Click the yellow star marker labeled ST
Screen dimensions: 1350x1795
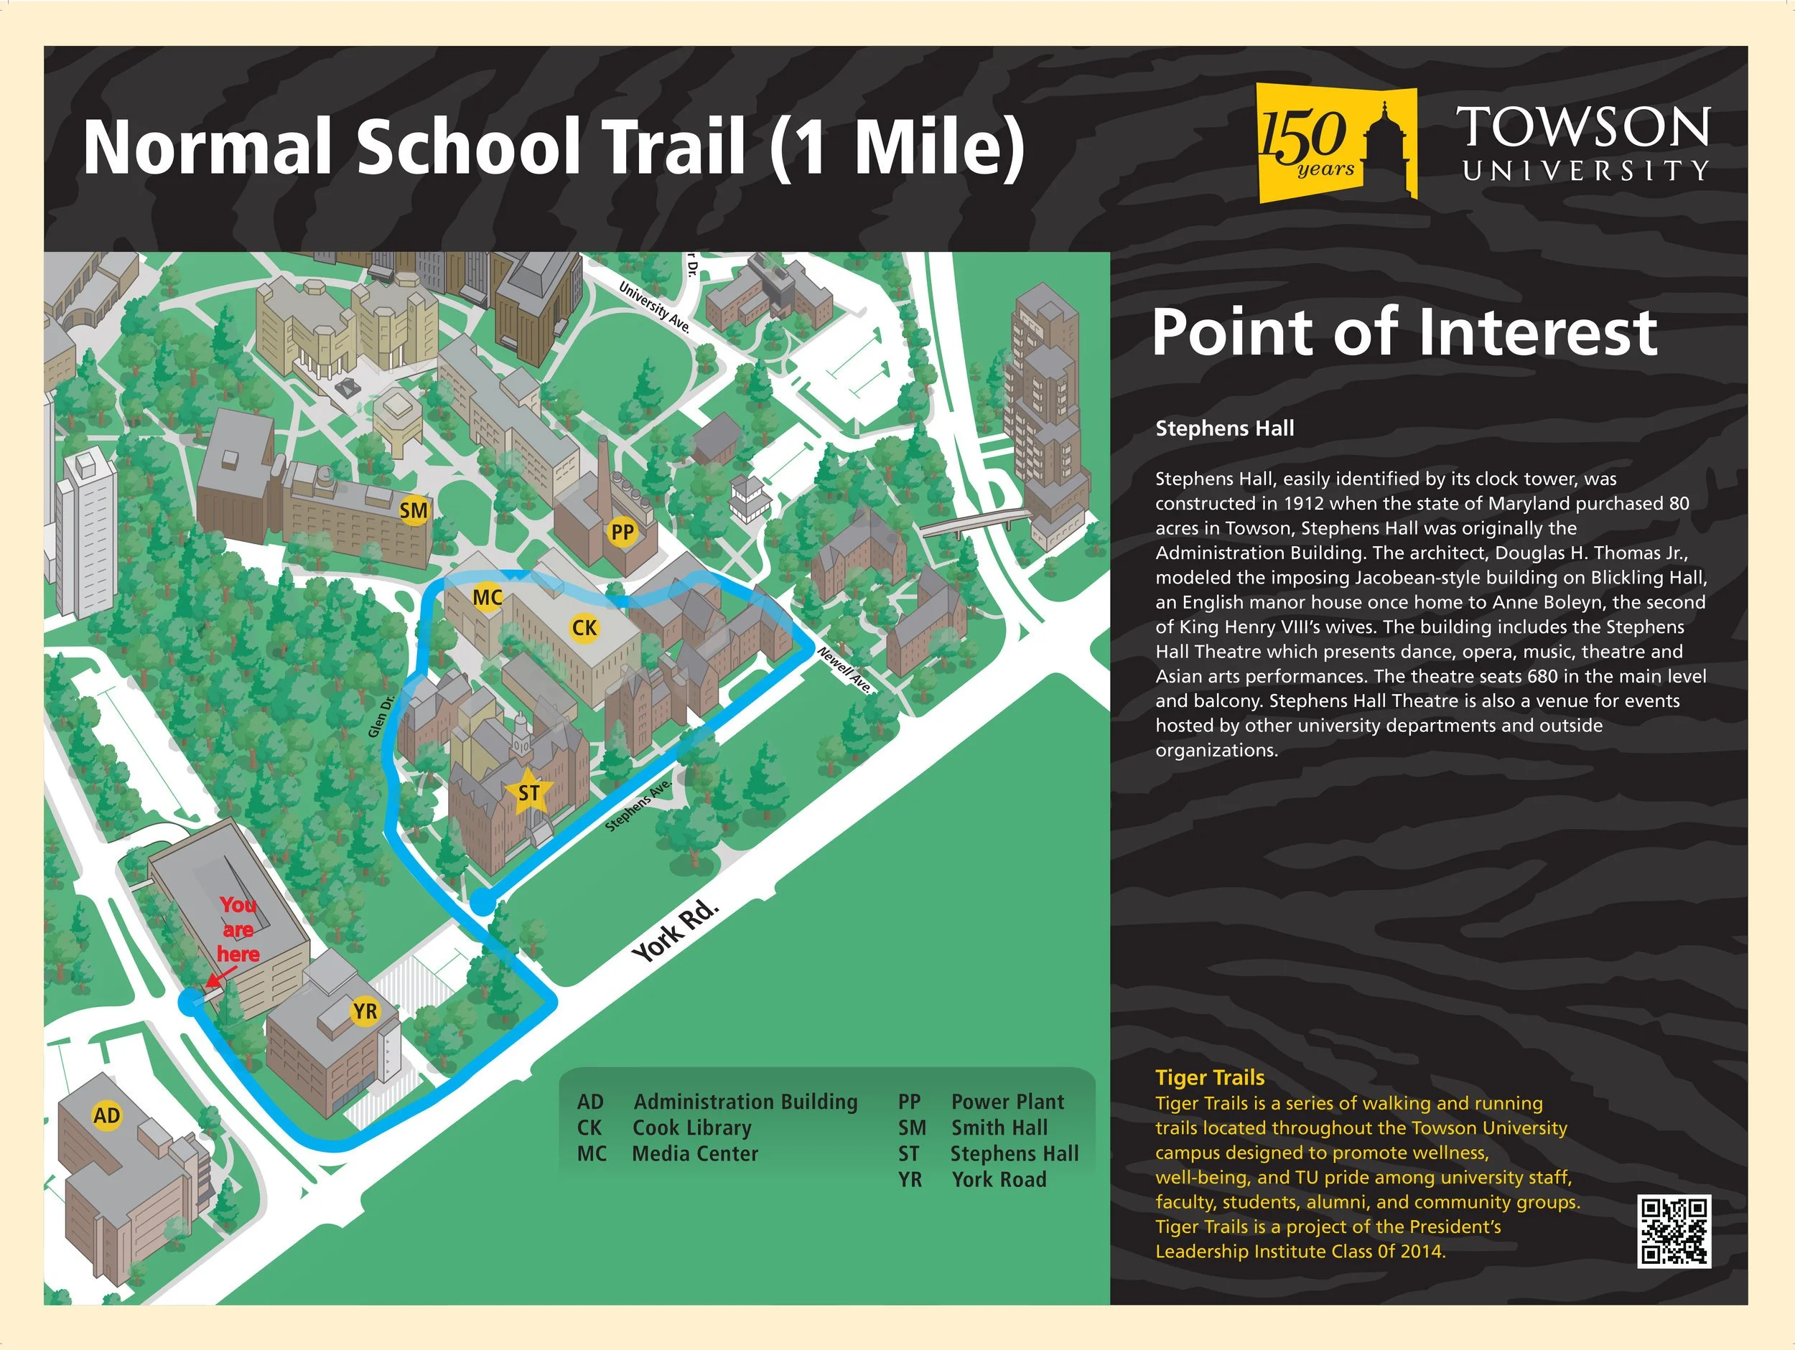(528, 792)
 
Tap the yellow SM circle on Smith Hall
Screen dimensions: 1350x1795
(414, 510)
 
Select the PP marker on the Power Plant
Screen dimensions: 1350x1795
(623, 533)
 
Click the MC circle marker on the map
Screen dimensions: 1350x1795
(487, 598)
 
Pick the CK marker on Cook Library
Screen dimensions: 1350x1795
(584, 627)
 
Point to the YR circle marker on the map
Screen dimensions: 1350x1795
(365, 1011)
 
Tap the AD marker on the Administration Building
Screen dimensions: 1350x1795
(106, 1115)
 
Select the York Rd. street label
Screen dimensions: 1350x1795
(676, 931)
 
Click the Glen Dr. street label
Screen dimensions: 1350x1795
(381, 716)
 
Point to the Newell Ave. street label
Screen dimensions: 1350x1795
(845, 670)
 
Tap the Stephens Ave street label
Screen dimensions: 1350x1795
(638, 805)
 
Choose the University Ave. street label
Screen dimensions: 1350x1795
(654, 307)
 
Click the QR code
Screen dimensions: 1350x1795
(1674, 1231)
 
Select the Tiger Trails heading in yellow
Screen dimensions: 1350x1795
(1209, 1077)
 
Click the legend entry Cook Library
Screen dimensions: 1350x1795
(691, 1128)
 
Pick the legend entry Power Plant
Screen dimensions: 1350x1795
(1007, 1102)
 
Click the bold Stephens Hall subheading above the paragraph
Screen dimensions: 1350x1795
(1224, 428)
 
